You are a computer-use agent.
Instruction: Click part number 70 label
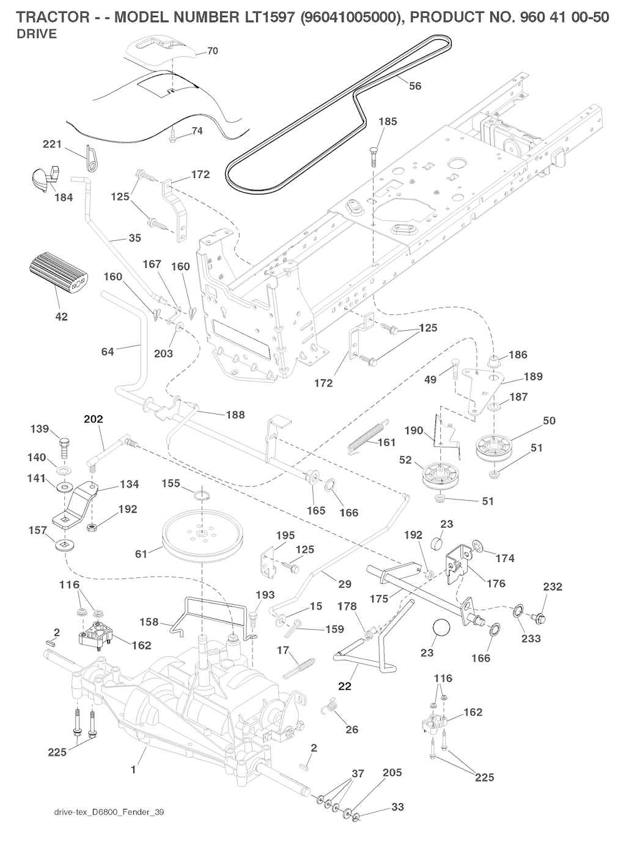coord(213,51)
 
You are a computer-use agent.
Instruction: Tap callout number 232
coord(553,587)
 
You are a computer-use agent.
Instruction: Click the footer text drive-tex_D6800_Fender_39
coord(109,813)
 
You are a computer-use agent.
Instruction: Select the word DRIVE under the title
coord(36,34)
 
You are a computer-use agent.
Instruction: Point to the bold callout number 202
coord(93,419)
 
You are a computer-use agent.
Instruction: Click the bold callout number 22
coord(345,686)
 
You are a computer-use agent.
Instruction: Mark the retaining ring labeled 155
coord(199,494)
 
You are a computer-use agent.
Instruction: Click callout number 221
coord(51,144)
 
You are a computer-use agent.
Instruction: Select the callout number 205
coord(392,773)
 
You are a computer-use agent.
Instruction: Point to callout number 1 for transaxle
coord(133,770)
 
